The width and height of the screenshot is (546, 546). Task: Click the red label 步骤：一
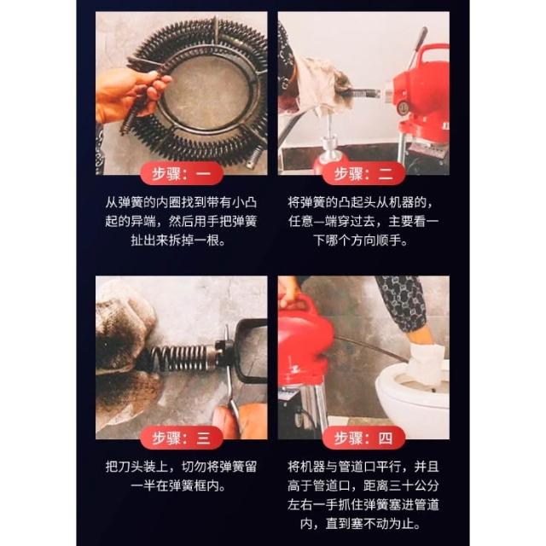tap(182, 173)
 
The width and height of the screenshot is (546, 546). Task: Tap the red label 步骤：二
tap(363, 173)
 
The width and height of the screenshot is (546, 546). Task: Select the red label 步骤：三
tap(182, 438)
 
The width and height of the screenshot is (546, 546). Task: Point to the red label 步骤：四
tap(363, 438)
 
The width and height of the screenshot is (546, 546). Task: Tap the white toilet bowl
tap(413, 393)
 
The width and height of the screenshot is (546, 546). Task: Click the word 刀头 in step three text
tap(131, 467)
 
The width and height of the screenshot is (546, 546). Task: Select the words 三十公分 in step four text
tap(414, 485)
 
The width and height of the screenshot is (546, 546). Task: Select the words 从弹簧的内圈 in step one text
tap(136, 202)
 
